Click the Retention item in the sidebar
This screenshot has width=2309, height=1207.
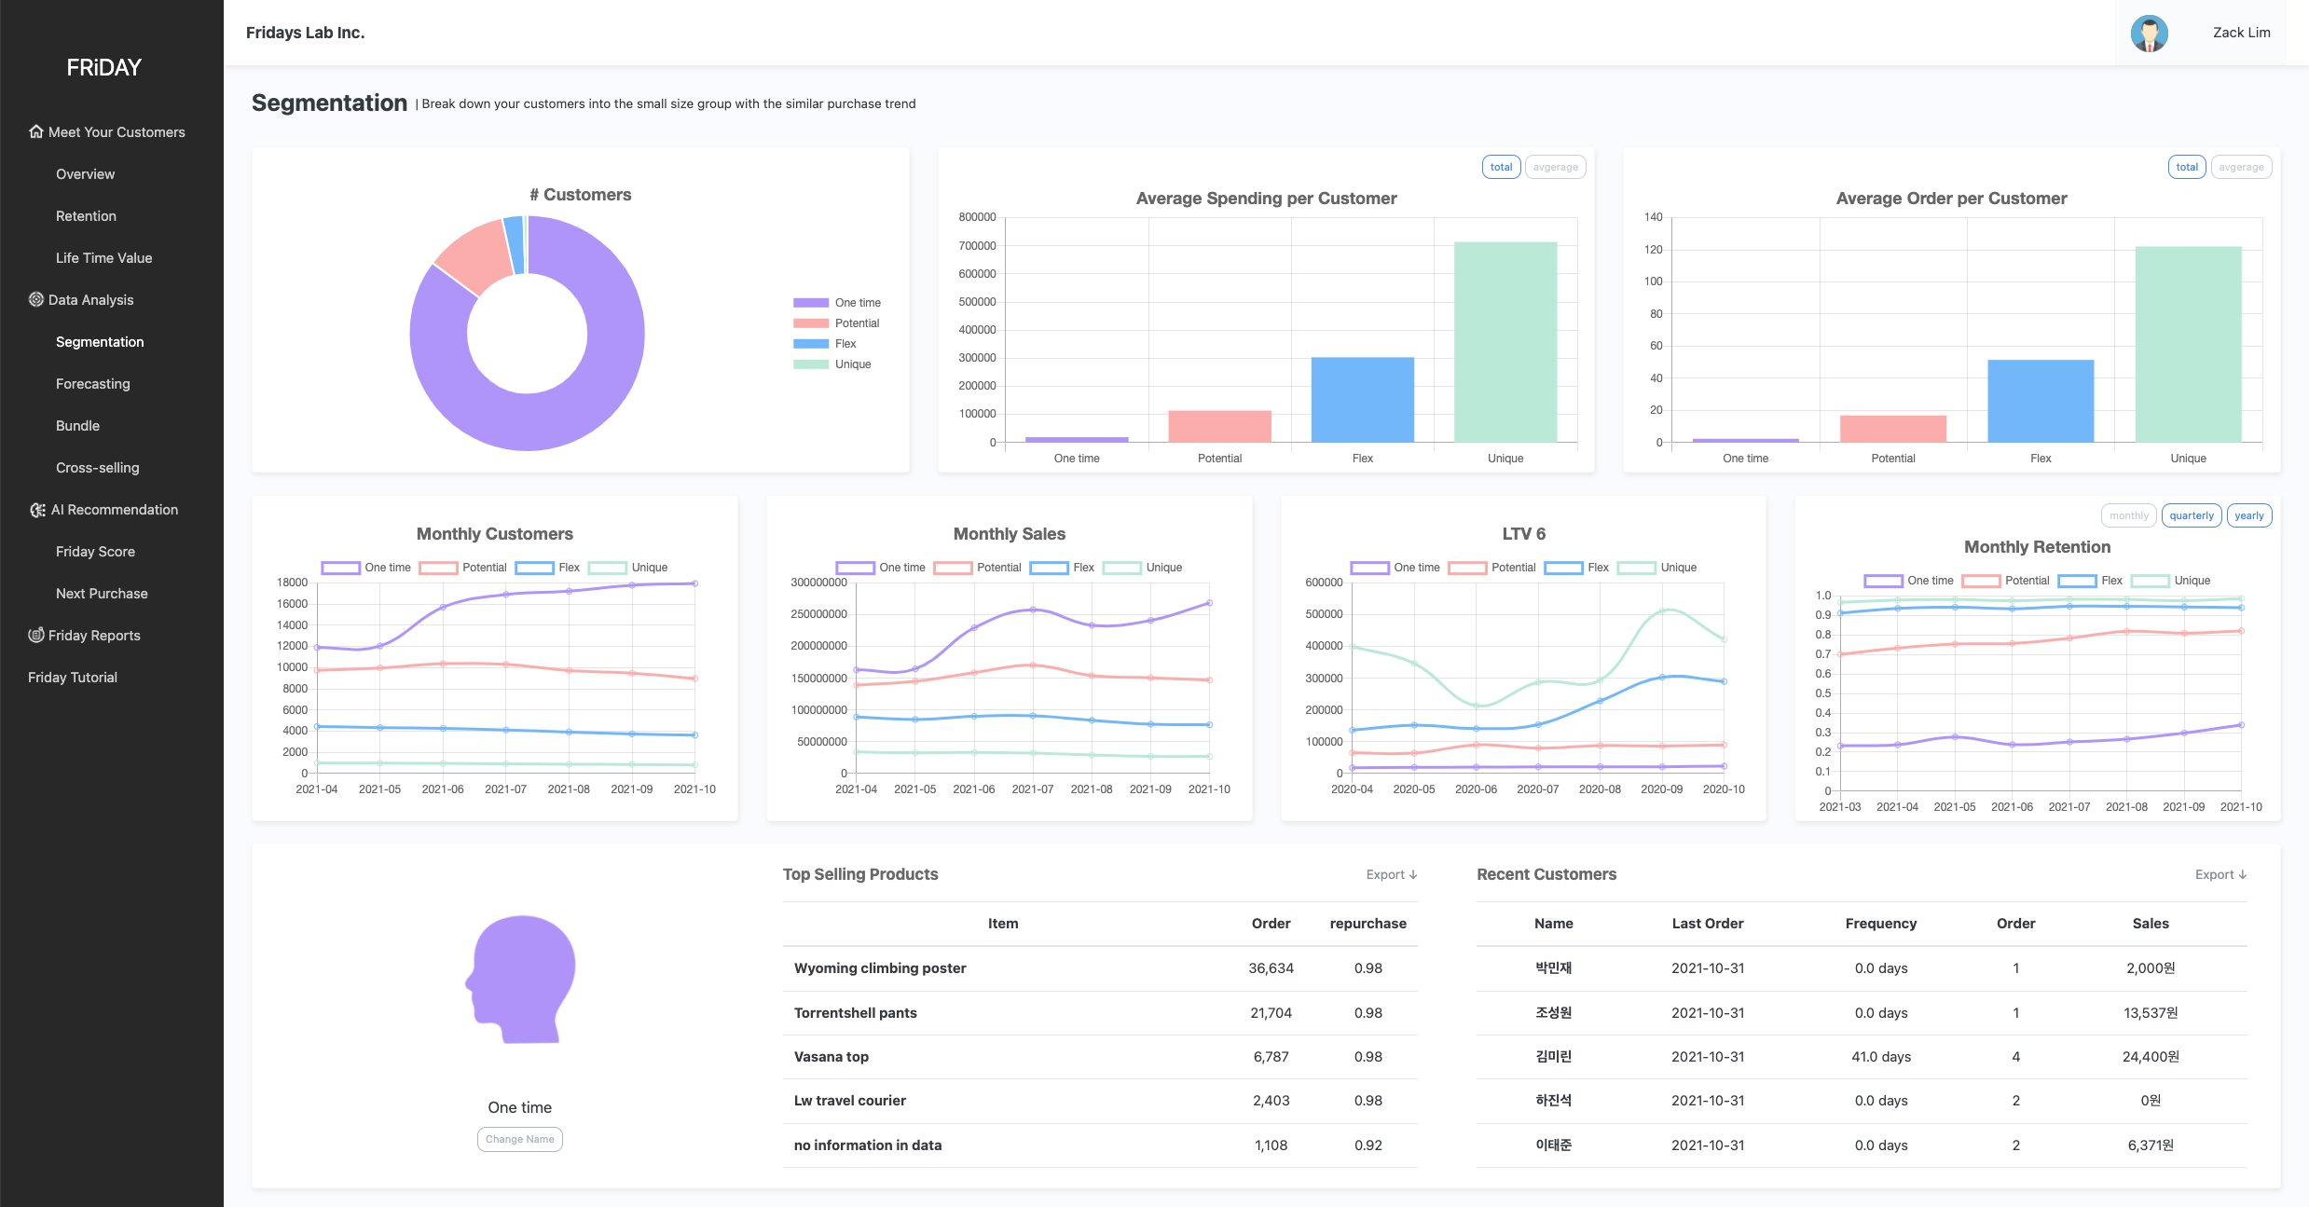click(86, 216)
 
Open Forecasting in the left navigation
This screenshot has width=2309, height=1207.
click(92, 384)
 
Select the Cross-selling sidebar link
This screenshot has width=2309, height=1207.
click(97, 468)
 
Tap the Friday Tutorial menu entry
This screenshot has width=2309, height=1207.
click(73, 678)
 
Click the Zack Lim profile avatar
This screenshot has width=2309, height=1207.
click(2149, 34)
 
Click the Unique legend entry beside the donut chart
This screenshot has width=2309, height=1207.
click(832, 364)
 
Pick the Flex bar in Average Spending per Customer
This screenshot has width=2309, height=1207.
click(1362, 400)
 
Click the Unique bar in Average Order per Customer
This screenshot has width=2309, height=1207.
click(2188, 345)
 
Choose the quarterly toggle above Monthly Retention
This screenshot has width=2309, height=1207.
click(2191, 515)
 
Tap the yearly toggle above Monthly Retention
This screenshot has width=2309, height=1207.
click(2248, 515)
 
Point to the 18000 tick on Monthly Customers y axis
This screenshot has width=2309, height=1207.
click(292, 583)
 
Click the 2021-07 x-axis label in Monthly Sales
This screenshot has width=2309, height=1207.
click(1032, 789)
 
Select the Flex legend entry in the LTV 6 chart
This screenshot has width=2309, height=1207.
click(1576, 568)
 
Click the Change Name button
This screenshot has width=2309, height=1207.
click(520, 1139)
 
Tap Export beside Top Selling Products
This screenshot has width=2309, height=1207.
click(1392, 874)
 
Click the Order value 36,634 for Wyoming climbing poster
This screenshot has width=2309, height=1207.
click(1271, 968)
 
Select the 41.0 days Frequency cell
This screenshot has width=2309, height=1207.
click(1880, 1057)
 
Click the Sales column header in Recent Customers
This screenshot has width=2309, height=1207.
click(2150, 924)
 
